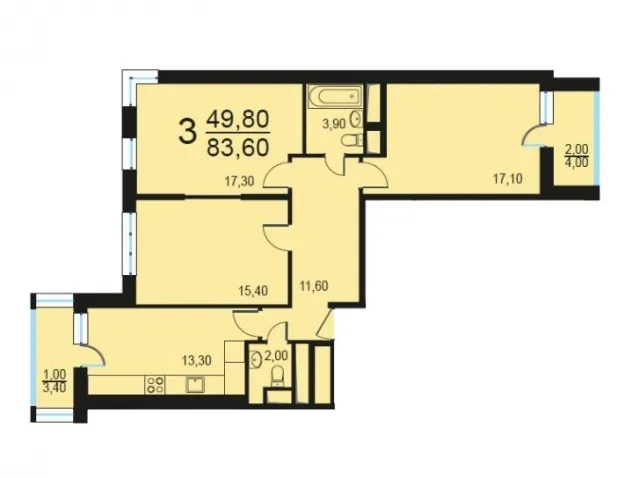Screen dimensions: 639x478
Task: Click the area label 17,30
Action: pos(240,181)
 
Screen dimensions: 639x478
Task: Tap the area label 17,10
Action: pos(508,178)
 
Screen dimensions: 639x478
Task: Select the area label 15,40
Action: pos(253,291)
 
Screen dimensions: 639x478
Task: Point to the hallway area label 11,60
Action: pos(314,286)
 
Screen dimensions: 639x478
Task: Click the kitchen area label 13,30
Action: pos(196,360)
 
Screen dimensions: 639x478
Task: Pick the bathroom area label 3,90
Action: pos(334,124)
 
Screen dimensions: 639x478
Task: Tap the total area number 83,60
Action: pos(238,147)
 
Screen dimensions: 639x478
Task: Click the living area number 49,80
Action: pos(238,120)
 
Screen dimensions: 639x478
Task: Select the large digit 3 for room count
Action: pos(187,130)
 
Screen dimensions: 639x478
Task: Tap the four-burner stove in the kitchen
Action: pos(155,384)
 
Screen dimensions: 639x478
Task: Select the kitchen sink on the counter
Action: pos(195,384)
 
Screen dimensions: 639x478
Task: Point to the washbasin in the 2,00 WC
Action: pos(256,360)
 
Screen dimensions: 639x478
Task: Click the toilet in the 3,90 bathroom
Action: pos(351,141)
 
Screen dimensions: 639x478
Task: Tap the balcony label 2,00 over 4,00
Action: pos(576,156)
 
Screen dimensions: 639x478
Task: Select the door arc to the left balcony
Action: pos(95,353)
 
